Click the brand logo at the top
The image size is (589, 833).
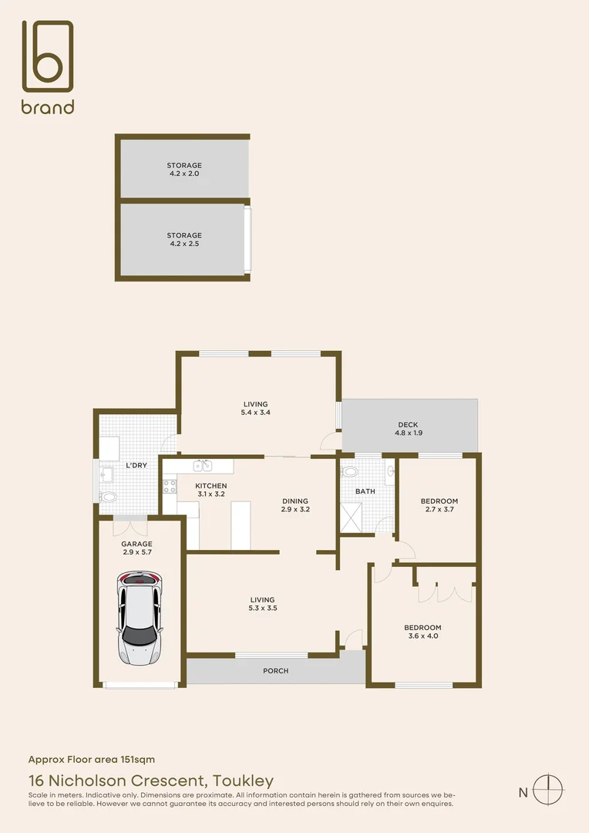[48, 67]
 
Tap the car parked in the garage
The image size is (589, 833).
[140, 618]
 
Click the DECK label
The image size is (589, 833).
[408, 424]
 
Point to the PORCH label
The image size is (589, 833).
[275, 671]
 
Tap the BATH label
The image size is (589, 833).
[365, 491]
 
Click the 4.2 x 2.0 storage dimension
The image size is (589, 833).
[184, 174]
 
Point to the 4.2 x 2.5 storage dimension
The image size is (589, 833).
[184, 245]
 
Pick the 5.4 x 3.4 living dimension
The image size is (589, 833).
[256, 413]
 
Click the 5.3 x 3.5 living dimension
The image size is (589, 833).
[262, 609]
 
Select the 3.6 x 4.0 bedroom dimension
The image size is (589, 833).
[422, 636]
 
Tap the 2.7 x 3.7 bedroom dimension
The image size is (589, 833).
[439, 510]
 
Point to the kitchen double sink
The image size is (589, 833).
[203, 465]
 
